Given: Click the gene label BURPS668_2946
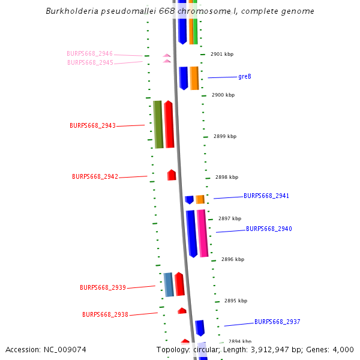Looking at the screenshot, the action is click(x=89, y=54).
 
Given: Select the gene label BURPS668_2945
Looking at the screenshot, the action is click(x=90, y=62).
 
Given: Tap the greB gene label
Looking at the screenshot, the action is click(x=245, y=77).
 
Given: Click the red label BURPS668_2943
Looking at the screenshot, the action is click(x=92, y=126).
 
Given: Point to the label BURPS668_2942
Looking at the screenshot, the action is click(x=95, y=177).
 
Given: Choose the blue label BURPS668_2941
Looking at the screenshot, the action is click(x=266, y=196).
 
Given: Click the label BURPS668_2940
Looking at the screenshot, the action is click(x=269, y=229).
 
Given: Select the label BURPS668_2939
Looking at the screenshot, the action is click(x=103, y=288).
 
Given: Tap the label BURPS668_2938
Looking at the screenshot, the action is click(x=105, y=314).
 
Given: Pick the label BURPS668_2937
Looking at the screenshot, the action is click(x=277, y=322).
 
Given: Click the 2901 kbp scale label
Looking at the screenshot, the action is click(x=221, y=55).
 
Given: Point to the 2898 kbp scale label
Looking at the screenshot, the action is click(x=227, y=178).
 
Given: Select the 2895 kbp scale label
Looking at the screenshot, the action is click(x=236, y=301).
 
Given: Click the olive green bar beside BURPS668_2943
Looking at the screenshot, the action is click(x=158, y=124).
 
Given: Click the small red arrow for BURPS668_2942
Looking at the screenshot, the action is click(x=172, y=175).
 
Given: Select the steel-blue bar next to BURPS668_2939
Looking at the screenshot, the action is click(x=169, y=284).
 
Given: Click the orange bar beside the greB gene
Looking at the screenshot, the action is click(x=194, y=78).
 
